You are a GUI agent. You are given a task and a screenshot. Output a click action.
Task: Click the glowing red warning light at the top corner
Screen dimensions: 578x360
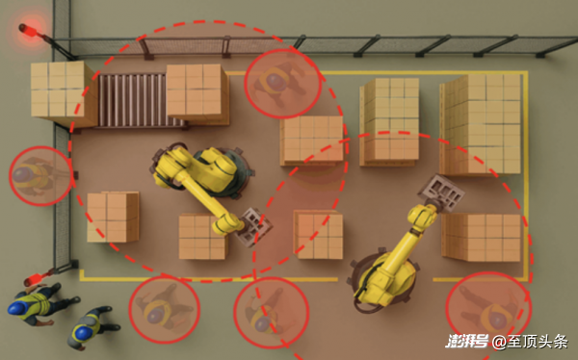28,30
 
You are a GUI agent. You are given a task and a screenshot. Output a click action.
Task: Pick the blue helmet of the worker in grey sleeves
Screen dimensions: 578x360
81,332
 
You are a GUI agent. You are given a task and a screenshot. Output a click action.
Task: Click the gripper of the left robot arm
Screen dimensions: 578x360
254,226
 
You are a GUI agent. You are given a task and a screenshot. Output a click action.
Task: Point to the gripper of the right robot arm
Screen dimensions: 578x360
441,193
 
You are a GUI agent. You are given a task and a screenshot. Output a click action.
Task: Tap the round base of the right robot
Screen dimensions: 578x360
383,278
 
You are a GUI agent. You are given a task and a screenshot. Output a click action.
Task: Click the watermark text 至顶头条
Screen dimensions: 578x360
538,343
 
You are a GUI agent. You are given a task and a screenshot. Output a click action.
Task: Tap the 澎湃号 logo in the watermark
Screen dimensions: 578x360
467,342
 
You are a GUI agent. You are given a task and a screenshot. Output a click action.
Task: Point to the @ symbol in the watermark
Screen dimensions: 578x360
499,343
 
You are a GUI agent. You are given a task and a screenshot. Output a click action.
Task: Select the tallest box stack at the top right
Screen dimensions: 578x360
481,124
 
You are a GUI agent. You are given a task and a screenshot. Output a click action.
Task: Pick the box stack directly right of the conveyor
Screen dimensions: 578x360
197,94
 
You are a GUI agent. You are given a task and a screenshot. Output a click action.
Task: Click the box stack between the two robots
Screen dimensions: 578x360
319,234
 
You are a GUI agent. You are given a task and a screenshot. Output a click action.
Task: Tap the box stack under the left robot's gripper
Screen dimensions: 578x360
202,237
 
